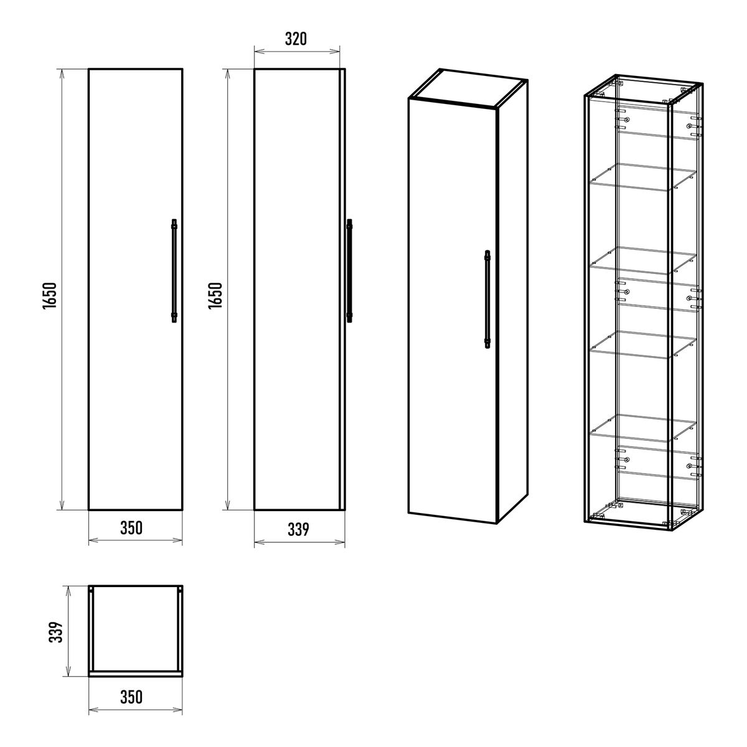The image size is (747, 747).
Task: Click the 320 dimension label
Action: point(296,39)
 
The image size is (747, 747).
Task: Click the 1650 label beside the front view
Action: point(50,296)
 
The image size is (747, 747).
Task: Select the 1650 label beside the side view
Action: point(215,296)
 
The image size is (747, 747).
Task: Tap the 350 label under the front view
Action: point(131,528)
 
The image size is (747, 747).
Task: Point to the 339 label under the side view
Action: point(298,530)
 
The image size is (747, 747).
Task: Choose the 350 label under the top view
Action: point(131,697)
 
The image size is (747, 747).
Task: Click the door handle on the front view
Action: point(174,271)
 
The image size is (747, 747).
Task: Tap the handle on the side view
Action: point(350,271)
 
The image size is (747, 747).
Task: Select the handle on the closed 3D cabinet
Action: point(487,299)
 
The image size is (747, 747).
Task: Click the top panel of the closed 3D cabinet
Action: point(468,88)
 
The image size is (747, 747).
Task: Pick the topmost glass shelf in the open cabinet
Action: point(642,177)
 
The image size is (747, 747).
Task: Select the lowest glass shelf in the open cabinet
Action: point(642,428)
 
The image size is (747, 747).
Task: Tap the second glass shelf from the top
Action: point(642,260)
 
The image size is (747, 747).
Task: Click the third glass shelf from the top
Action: point(642,344)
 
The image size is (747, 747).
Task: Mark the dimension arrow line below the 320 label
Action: point(297,51)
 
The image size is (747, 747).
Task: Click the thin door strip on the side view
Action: point(342,289)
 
